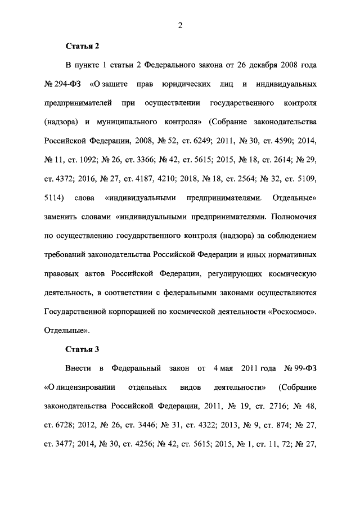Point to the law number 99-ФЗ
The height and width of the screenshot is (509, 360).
pos(299,368)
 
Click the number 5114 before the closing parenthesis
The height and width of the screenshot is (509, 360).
pos(53,198)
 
